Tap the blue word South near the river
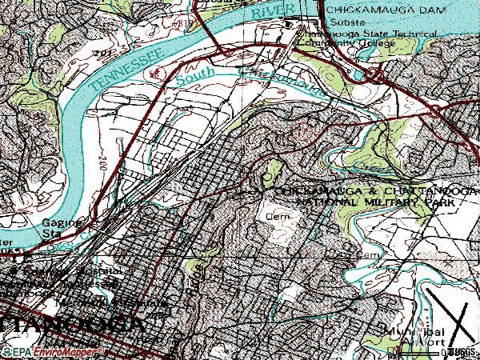pos(194,78)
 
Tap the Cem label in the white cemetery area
pos(275,215)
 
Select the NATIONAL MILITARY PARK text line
pos(376,205)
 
